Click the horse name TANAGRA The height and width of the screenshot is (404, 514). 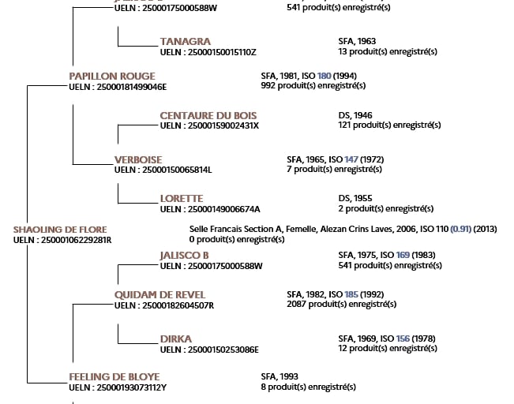click(185, 41)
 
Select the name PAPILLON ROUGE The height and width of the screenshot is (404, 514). click(112, 76)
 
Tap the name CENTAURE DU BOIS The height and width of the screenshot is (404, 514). click(208, 115)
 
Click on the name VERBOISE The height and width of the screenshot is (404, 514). click(138, 159)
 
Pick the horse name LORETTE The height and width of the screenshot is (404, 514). click(182, 199)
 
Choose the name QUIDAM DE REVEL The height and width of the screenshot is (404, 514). click(159, 294)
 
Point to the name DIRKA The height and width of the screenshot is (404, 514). click(175, 339)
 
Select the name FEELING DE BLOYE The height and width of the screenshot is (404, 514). click(114, 377)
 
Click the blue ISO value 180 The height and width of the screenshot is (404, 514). click(324, 76)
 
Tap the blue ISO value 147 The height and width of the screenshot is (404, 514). click(350, 159)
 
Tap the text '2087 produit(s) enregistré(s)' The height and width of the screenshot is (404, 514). click(341, 305)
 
